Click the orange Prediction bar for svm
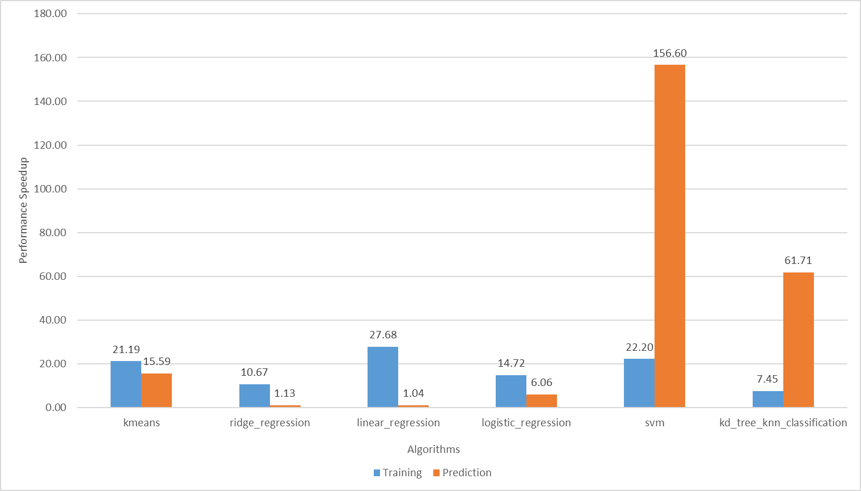670,236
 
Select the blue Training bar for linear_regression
383,377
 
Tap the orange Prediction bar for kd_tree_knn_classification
798,339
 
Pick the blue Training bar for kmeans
126,384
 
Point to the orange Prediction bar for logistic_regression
542,401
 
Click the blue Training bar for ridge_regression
255,396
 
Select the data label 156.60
670,53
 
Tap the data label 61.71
798,261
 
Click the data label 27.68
383,335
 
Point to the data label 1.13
285,393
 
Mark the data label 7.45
767,379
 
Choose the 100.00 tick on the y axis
50,189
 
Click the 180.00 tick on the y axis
50,14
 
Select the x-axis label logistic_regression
526,423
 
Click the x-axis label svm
655,423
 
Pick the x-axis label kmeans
141,423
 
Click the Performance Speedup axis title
23,211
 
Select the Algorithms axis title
433,450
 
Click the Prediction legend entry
466,473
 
